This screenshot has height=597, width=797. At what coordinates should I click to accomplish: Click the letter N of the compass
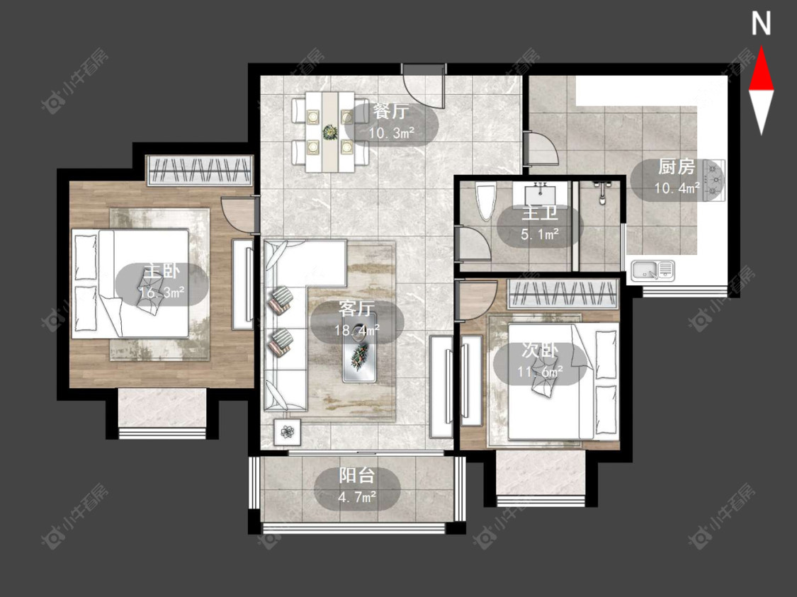[x=761, y=24]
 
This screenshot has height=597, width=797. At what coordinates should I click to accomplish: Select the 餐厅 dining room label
[x=390, y=111]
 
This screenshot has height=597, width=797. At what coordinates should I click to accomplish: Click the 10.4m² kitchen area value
[x=677, y=188]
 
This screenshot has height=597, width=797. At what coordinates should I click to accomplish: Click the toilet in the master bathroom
[x=486, y=200]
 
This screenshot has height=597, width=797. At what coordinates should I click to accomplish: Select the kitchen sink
[x=653, y=271]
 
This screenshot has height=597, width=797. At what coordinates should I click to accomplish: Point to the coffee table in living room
[x=359, y=348]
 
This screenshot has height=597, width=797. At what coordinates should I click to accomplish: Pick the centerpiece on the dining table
[x=330, y=132]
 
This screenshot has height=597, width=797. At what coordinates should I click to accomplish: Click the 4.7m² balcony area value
[x=357, y=497]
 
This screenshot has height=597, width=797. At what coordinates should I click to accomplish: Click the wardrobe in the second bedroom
[x=563, y=294]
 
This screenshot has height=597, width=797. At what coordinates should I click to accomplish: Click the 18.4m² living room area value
[x=357, y=330]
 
